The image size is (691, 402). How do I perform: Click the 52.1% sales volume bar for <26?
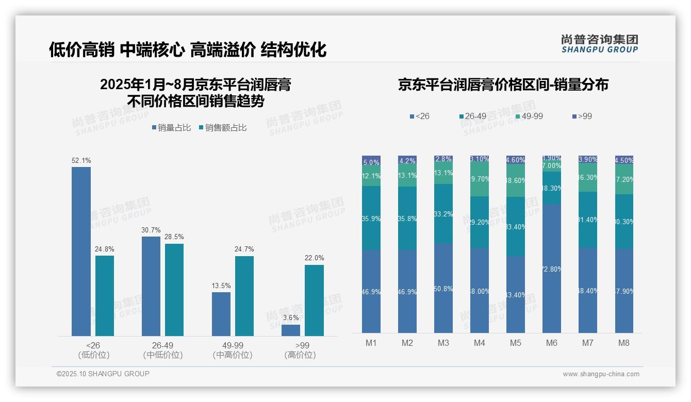[x=81, y=251]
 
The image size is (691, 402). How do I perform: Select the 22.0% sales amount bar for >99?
[x=314, y=300]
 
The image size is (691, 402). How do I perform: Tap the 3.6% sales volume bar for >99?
[x=291, y=330]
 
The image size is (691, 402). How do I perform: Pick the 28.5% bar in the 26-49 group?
[x=174, y=290]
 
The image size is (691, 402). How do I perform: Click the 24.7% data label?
[x=244, y=249]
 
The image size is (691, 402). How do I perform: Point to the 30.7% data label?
[x=151, y=230]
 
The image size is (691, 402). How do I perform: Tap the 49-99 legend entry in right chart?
[x=529, y=116]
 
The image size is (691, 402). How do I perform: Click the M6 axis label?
[x=551, y=343]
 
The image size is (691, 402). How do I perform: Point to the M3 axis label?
[x=443, y=343]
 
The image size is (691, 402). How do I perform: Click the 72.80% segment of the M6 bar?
[x=551, y=268]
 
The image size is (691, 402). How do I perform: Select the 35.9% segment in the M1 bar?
[x=371, y=218]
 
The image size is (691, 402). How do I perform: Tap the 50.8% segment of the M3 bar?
[x=443, y=288]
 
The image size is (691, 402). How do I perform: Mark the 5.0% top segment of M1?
[x=371, y=160]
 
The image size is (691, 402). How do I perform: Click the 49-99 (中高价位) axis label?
[x=233, y=350]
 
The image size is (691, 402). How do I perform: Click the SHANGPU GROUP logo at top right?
[x=599, y=44]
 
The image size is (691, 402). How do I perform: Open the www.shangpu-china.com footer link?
[x=601, y=374]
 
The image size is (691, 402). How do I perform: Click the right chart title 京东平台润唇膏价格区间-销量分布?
[x=503, y=85]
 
